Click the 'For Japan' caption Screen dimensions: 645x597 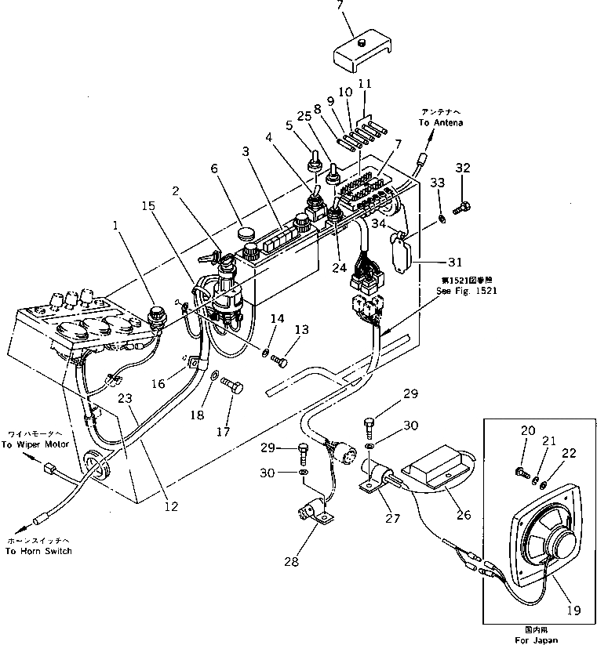(x=541, y=640)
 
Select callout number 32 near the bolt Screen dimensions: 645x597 (x=464, y=168)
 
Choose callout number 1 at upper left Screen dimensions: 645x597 (x=116, y=226)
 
